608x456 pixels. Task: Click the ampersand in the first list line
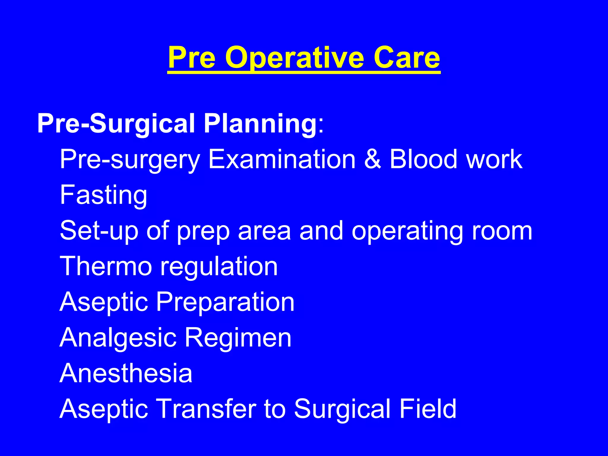(372, 159)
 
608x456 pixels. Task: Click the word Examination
(281, 159)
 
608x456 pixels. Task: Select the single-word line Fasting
(103, 195)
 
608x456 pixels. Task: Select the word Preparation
(225, 302)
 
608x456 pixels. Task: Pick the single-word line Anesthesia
(126, 373)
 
